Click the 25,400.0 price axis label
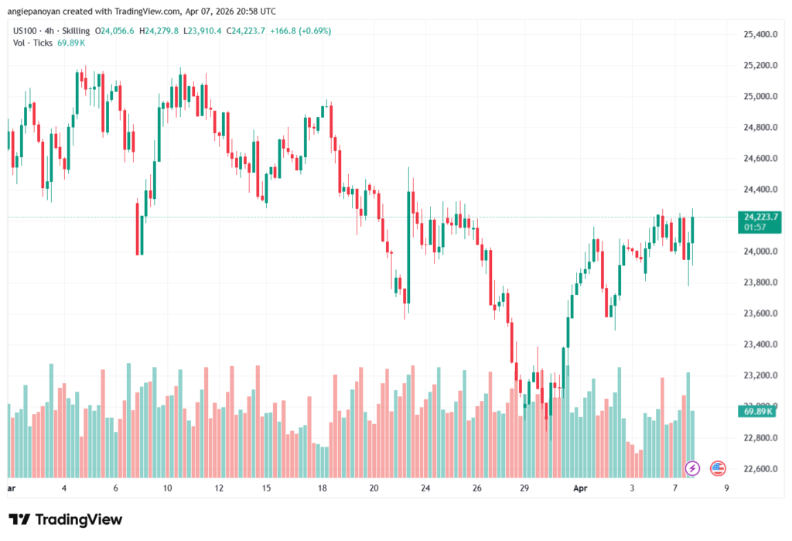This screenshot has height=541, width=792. point(759,35)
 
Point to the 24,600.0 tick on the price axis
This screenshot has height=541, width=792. point(759,159)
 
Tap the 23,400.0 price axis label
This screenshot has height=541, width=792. point(759,344)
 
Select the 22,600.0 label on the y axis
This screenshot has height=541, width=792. point(759,468)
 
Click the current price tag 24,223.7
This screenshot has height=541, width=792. point(760,217)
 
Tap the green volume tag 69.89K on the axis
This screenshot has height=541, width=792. point(759,413)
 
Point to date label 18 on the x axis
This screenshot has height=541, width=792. point(323,488)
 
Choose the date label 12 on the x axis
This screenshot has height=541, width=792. point(219,488)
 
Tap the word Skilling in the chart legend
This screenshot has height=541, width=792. point(75,30)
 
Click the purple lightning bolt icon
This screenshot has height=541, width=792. point(693,468)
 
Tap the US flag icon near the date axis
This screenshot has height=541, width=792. point(717,468)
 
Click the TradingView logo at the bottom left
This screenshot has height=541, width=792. point(65,519)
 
